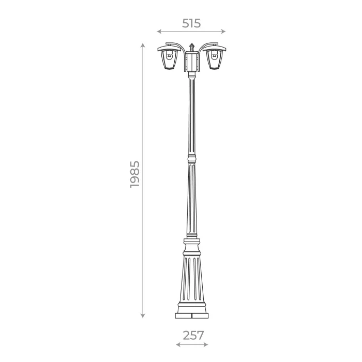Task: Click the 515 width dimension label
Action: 191,23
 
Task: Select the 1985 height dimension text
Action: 135,174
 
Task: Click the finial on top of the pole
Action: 191,47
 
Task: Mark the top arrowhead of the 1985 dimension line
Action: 143,46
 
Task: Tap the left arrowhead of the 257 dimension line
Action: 177,344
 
